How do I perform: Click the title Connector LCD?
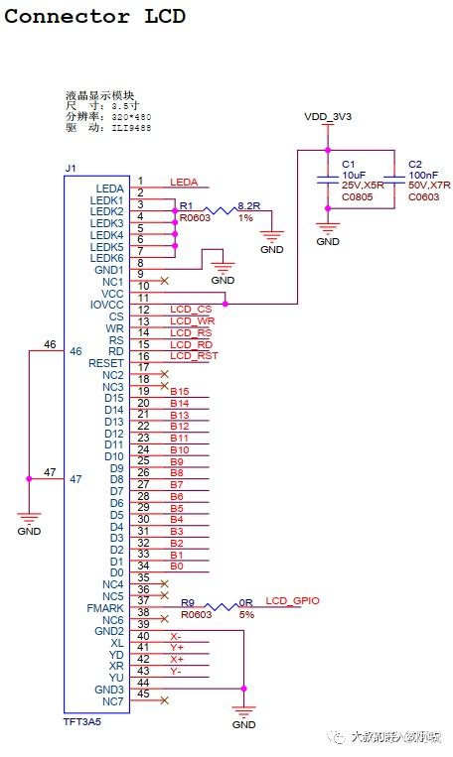pos(94,17)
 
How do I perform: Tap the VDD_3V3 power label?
pos(328,118)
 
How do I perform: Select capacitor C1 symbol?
pos(328,180)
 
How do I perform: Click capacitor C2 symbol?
pos(395,180)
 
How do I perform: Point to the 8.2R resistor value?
pos(247,206)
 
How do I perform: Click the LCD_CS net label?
pos(191,310)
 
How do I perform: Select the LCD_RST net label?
pos(194,356)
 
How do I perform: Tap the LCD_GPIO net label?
pos(292,601)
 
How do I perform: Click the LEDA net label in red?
pos(184,183)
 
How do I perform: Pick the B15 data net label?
pos(179,392)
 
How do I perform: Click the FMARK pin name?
pos(105,608)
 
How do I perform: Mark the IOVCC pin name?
pos(104,306)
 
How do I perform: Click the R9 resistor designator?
pos(187,602)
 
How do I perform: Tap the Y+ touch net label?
pos(176,647)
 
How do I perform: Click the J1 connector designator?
pos(70,169)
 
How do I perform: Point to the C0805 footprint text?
pos(357,196)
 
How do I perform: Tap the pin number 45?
pos(144,694)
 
